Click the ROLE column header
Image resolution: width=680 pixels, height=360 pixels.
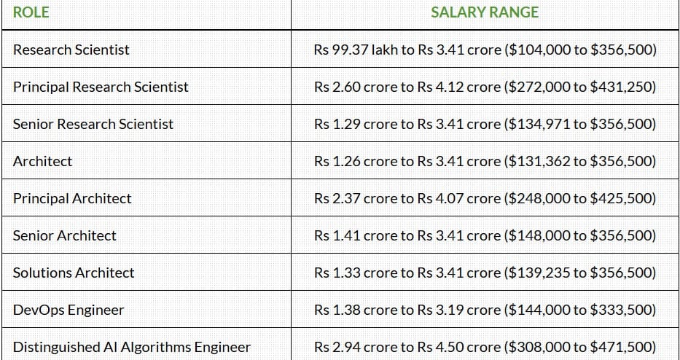31,12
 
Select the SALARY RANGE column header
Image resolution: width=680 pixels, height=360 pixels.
485,12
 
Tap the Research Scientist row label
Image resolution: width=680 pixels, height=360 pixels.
71,50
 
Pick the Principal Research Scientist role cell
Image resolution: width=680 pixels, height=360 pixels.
101,87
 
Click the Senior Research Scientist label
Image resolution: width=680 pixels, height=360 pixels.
93,124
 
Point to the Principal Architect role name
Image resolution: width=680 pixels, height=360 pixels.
72,199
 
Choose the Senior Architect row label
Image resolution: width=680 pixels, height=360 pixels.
65,235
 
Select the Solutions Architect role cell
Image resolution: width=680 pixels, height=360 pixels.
74,273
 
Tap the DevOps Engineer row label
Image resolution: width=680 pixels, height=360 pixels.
69,310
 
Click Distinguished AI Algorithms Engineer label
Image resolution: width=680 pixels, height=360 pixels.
132,348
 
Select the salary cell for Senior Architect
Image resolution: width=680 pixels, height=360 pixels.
485,235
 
